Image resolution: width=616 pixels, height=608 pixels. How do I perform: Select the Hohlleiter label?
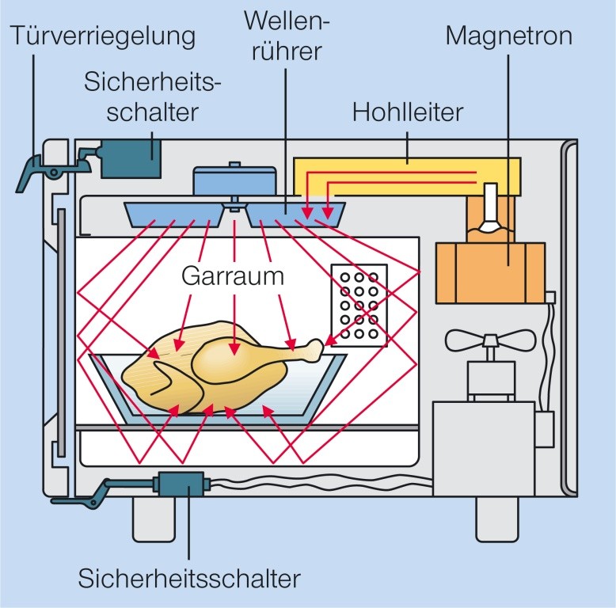point(407,113)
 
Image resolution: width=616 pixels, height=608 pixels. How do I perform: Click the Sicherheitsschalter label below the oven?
point(189,578)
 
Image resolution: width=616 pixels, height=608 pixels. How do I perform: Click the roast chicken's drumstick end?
point(317,346)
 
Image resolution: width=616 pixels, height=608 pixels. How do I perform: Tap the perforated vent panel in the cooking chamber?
point(357,306)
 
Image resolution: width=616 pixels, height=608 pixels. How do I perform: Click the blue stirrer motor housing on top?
point(235,180)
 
